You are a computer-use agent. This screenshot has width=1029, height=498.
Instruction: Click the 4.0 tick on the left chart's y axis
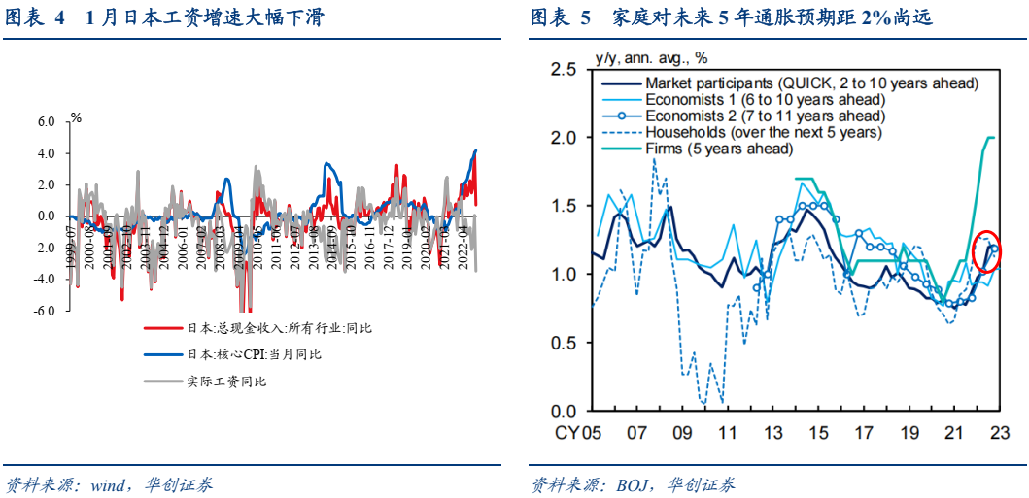coord(47,153)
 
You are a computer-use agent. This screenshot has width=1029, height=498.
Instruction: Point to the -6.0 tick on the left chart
coord(46,312)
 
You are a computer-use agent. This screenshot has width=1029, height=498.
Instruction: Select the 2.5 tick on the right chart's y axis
coord(565,70)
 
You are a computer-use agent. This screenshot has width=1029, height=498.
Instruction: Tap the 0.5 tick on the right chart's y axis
coord(565,343)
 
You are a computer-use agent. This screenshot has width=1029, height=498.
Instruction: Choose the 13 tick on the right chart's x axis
coord(772,432)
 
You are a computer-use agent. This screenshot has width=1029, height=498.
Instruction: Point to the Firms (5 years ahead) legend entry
coord(719,149)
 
